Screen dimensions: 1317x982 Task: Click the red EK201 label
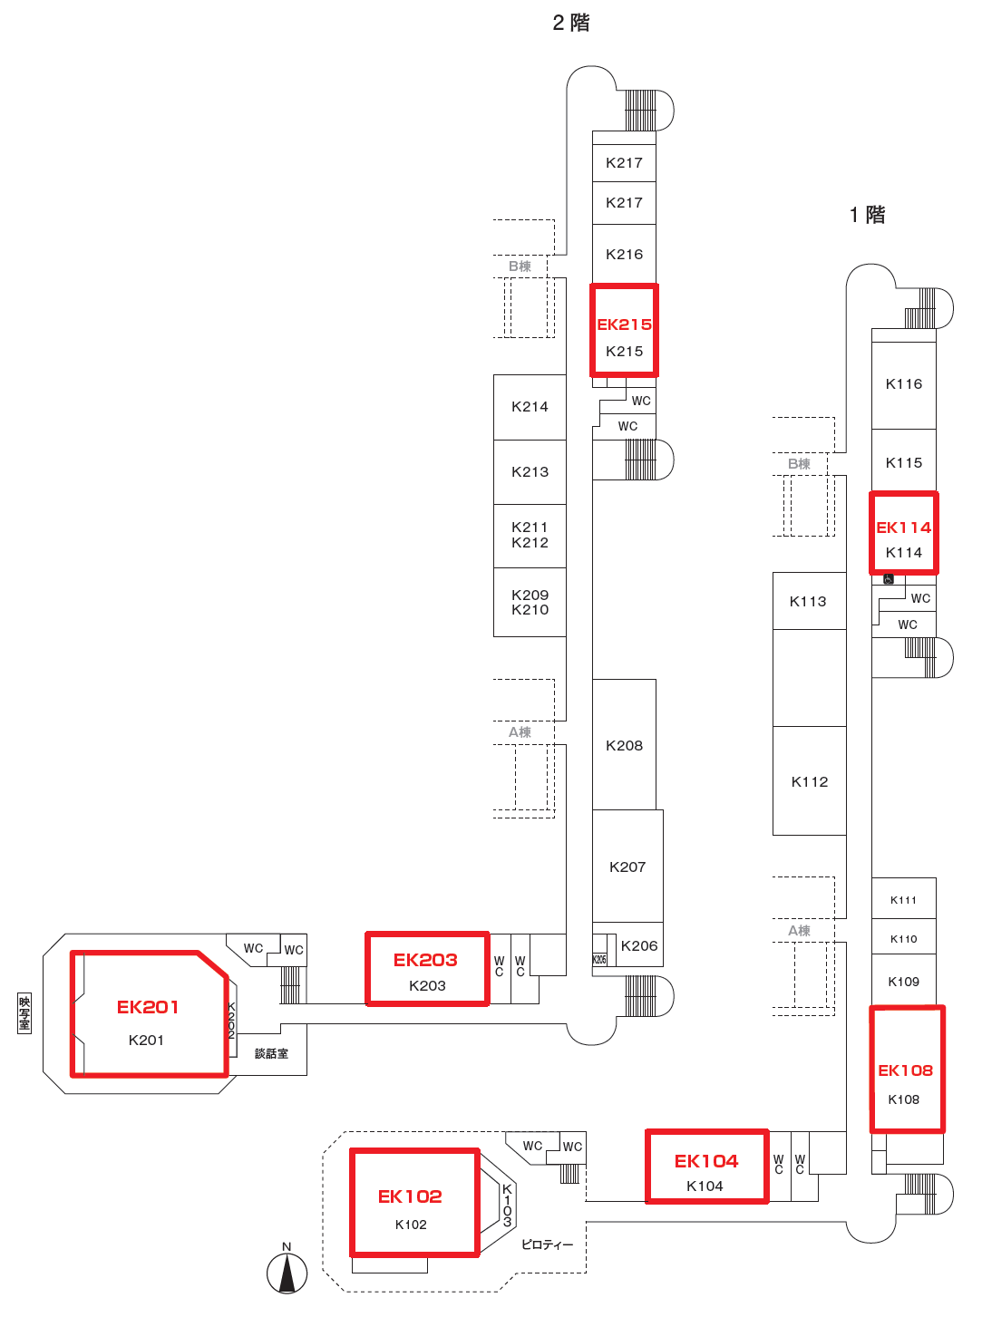pyautogui.click(x=148, y=1007)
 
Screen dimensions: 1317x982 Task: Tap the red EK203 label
pyautogui.click(x=425, y=960)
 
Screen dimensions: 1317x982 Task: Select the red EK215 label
pyautogui.click(x=624, y=324)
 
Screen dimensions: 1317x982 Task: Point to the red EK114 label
pyautogui.click(x=903, y=528)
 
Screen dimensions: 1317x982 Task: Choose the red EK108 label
pyautogui.click(x=905, y=1070)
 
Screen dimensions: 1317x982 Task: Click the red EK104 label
pyautogui.click(x=706, y=1161)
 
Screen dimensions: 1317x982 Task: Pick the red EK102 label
pyautogui.click(x=410, y=1196)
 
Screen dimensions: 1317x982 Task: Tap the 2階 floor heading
pyautogui.click(x=571, y=23)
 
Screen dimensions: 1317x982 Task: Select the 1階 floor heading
pyautogui.click(x=868, y=215)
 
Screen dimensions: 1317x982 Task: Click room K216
pyautogui.click(x=624, y=255)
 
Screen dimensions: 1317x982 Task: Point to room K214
pyautogui.click(x=530, y=407)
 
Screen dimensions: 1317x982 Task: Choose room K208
pyautogui.click(x=624, y=745)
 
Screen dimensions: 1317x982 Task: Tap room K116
pyautogui.click(x=903, y=384)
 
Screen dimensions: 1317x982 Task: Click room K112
pyautogui.click(x=809, y=781)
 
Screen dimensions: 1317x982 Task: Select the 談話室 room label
pyautogui.click(x=271, y=1053)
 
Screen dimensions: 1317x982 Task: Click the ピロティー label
pyautogui.click(x=547, y=1244)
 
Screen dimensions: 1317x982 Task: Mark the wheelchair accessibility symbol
pyautogui.click(x=889, y=579)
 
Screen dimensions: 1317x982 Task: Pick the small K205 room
pyautogui.click(x=599, y=959)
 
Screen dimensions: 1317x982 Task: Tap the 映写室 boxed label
pyautogui.click(x=24, y=1012)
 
